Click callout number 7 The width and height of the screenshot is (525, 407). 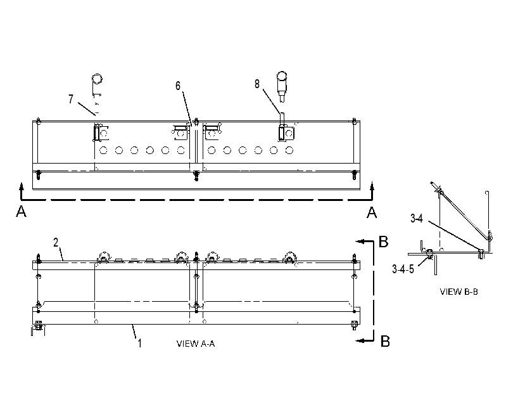pos(71,100)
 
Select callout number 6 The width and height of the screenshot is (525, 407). pos(178,86)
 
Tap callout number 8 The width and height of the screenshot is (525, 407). pos(257,84)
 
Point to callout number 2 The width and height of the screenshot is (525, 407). pos(56,242)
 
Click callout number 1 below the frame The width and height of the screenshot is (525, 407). pos(139,344)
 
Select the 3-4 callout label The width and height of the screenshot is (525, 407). pos(417,219)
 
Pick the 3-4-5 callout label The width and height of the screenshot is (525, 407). pos(403,269)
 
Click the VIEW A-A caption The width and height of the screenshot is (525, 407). pos(196,344)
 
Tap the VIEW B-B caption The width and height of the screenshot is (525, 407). pos(459,292)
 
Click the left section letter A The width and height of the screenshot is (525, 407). pos(21,212)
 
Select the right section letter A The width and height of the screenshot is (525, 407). pos(372,212)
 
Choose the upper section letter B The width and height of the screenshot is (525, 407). pos(383,242)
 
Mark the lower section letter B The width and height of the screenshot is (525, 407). pos(386,341)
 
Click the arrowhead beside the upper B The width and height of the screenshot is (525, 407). pos(360,241)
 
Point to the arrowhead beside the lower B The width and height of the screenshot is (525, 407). pos(360,340)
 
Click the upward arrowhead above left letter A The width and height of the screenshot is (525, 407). pos(22,187)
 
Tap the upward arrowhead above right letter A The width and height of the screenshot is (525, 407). pos(372,187)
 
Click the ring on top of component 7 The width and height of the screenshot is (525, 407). pos(97,79)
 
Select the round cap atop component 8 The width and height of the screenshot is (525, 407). pos(282,76)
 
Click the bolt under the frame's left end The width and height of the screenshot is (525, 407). pos(38,325)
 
